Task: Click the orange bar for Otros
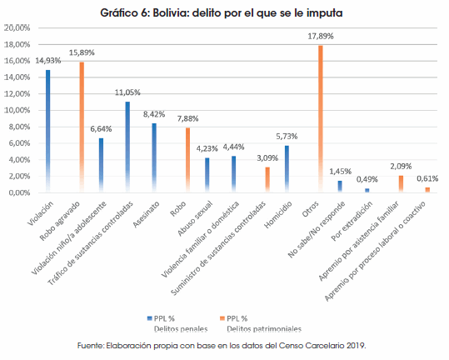click(321, 119)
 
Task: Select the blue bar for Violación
click(47, 131)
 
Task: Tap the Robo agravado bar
click(82, 127)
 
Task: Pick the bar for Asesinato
click(154, 157)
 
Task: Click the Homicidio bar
click(287, 169)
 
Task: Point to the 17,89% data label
click(321, 36)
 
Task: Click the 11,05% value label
click(127, 92)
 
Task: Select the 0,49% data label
click(367, 179)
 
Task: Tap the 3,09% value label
click(267, 157)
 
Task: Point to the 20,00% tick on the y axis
click(17, 27)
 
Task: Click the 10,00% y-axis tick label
click(17, 110)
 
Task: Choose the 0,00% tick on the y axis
click(19, 192)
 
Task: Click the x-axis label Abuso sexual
click(195, 218)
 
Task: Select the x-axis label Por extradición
click(352, 221)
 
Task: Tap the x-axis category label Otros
click(311, 209)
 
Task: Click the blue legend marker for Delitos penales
click(149, 318)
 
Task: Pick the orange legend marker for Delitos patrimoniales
click(222, 318)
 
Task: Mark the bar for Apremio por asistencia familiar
click(401, 184)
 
